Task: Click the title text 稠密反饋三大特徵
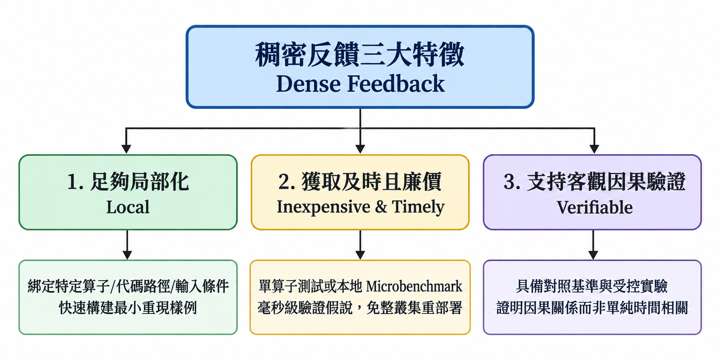coord(360,54)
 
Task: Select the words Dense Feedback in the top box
coord(360,84)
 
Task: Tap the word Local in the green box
coord(128,207)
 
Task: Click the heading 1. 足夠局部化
coord(128,181)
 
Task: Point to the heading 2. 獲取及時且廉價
coord(360,181)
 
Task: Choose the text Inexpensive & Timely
coord(360,207)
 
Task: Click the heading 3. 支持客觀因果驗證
coord(594,181)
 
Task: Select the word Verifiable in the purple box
coord(594,207)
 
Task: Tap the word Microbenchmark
coord(414,286)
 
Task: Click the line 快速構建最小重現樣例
coord(128,308)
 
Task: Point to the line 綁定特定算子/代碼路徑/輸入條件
coord(128,286)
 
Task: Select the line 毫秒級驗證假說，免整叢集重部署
coord(360,308)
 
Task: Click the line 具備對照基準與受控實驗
coord(592,286)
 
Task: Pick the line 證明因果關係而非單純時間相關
coord(592,308)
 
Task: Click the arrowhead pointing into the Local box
coord(126,149)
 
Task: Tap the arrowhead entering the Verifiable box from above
coord(594,149)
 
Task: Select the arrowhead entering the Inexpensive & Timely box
coord(360,149)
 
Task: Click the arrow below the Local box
coord(127,245)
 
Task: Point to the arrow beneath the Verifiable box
coord(593,245)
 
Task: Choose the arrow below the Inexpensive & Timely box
coord(360,245)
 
